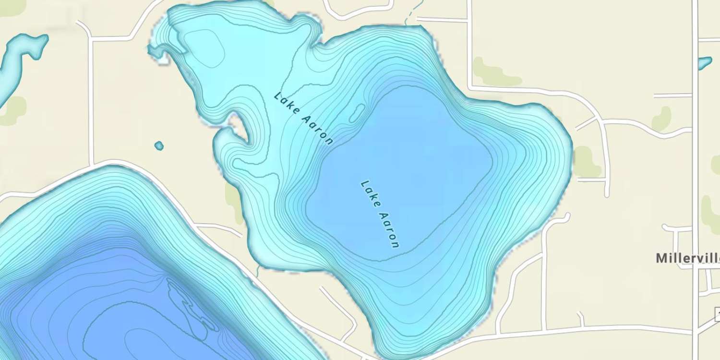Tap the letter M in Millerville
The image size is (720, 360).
click(661, 258)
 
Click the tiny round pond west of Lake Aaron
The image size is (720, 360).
click(159, 145)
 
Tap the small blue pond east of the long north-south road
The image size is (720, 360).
click(704, 63)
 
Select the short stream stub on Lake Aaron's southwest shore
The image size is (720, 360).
click(258, 271)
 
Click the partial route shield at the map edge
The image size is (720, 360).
click(717, 314)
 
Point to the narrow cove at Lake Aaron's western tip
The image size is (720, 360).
click(156, 51)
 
